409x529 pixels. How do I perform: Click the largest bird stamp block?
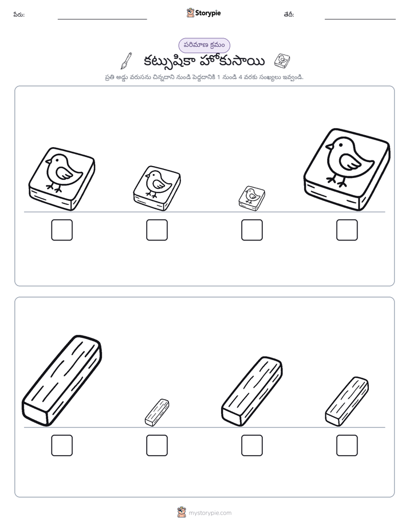347,169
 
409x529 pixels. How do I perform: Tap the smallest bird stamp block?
251,198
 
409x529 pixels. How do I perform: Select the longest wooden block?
62,381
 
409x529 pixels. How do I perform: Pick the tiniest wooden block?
157,412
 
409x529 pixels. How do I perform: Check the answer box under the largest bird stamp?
347,230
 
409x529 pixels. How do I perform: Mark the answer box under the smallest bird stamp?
251,230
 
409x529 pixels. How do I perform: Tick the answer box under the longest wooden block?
62,445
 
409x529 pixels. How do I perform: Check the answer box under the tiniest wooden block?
157,445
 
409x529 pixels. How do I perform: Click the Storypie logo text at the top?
208,13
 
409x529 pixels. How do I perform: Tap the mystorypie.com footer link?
210,513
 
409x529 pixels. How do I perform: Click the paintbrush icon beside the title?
126,61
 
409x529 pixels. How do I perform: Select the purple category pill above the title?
204,45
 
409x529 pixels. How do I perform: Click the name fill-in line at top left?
102,19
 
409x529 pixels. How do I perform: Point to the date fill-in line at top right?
360,19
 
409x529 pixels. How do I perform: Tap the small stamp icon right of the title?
282,60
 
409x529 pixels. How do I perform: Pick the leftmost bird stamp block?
62,179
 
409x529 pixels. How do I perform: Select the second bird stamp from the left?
157,188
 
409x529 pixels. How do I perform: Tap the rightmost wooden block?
347,401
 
